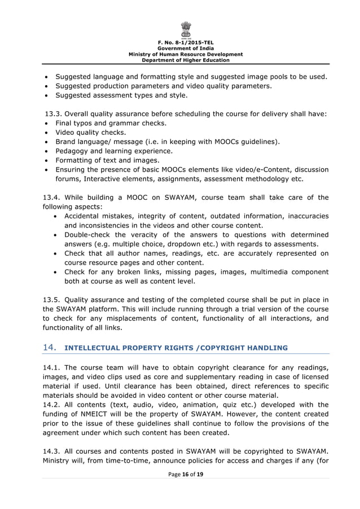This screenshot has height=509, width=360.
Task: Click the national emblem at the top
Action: pyautogui.click(x=186, y=29)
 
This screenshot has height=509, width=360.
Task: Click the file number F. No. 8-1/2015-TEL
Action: pyautogui.click(x=186, y=43)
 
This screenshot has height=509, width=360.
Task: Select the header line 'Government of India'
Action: pyautogui.click(x=186, y=49)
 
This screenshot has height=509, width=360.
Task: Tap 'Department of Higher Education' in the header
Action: pyautogui.click(x=186, y=60)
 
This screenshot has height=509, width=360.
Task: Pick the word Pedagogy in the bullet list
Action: pyautogui.click(x=74, y=151)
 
